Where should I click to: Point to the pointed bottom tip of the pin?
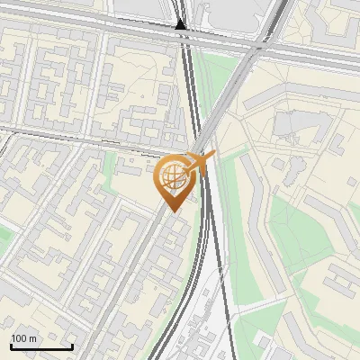coord(172,211)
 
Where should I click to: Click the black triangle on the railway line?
coord(182,25)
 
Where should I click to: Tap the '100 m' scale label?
coord(23,338)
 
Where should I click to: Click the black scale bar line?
coord(41,346)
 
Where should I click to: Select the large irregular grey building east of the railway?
coord(292,126)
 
